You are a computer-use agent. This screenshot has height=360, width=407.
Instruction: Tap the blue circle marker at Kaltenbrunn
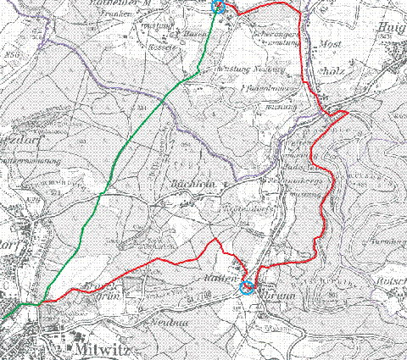(x=247, y=287)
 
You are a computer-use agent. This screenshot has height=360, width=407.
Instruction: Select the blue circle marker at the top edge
(x=217, y=7)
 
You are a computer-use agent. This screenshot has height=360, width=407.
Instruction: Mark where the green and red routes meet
(x=39, y=302)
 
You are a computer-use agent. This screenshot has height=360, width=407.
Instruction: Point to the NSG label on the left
(x=14, y=53)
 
